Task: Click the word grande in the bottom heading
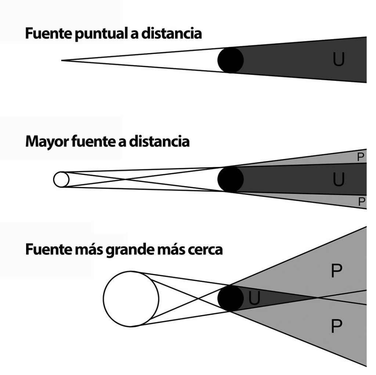pos(130,250)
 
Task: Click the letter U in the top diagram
pos(338,60)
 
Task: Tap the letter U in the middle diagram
pos(338,179)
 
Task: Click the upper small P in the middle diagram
pos(360,157)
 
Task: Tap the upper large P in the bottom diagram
pos(336,272)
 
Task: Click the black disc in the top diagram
pos(231,60)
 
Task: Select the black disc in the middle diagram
pos(231,179)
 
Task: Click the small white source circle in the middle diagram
pos(61,179)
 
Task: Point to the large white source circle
pos(131,299)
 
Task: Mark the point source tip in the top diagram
pos(62,60)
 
